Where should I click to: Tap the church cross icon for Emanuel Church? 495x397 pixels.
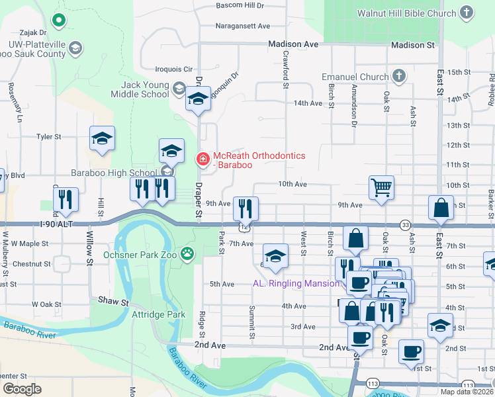click(x=399, y=77)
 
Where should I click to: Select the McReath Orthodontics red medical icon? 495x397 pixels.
click(x=202, y=159)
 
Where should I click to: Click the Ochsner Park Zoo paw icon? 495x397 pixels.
click(x=189, y=253)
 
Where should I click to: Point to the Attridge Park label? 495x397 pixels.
click(x=159, y=315)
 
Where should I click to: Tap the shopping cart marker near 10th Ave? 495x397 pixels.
click(x=382, y=187)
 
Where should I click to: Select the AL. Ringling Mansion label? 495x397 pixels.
click(x=296, y=283)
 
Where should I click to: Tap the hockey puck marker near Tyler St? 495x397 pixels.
click(x=103, y=138)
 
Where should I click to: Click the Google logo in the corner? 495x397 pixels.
click(x=22, y=388)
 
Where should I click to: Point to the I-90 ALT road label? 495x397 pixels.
click(x=73, y=225)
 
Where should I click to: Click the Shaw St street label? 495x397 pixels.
click(x=114, y=302)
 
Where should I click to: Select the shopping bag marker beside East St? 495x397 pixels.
click(x=441, y=208)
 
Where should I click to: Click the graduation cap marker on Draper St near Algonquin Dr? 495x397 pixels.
click(x=198, y=99)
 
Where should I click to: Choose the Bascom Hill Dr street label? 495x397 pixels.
click(x=240, y=5)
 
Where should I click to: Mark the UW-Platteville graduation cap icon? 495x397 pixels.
click(x=75, y=48)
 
